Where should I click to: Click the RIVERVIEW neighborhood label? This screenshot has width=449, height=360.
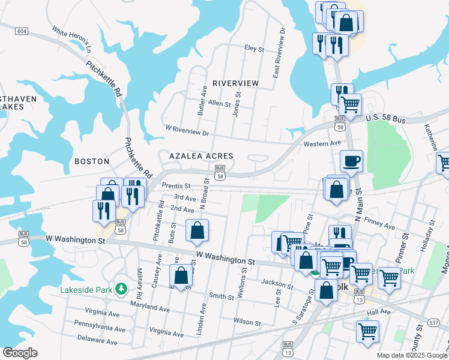(x=235, y=83)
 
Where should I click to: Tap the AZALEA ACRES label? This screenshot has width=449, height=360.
(x=200, y=155)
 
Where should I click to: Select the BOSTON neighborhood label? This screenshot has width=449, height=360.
(x=92, y=161)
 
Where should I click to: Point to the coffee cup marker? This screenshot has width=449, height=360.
(x=351, y=161)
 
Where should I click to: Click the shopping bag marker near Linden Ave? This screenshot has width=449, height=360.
(x=181, y=276)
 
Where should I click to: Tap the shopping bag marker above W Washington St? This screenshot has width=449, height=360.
(x=197, y=230)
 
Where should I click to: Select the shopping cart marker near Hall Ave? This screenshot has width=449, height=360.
(x=367, y=331)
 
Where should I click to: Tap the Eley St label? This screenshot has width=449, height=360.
(x=254, y=48)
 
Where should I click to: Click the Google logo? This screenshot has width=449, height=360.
(x=20, y=353)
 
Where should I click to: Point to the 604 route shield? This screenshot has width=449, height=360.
(x=22, y=31)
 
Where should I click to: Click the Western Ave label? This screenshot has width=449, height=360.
(x=322, y=143)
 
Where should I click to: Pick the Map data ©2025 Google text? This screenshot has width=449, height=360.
(x=411, y=355)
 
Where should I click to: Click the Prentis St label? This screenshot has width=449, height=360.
(x=176, y=186)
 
